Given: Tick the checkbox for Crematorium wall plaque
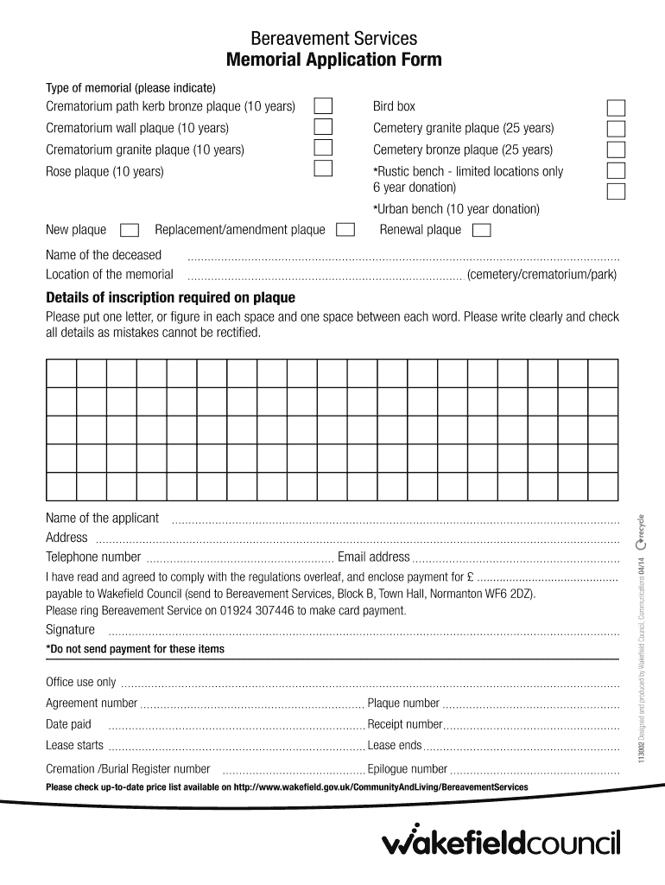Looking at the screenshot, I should [322, 128].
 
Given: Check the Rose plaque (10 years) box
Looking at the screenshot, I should [322, 168].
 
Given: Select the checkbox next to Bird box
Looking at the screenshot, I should [617, 108].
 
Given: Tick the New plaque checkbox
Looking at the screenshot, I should [130, 230].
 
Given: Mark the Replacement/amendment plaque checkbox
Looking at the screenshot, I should [345, 230].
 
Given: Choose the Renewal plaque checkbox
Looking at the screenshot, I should [482, 230].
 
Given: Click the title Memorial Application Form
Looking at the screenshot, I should [333, 60].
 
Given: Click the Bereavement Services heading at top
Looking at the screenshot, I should [333, 38].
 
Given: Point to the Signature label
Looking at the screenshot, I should [70, 629].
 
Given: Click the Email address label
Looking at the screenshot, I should [373, 557].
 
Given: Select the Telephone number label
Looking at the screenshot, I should [93, 557].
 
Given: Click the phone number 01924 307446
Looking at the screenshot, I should [259, 610].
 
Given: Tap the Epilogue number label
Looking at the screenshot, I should [407, 768].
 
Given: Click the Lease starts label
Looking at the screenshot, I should [74, 745].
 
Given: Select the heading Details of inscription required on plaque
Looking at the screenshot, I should [170, 298].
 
